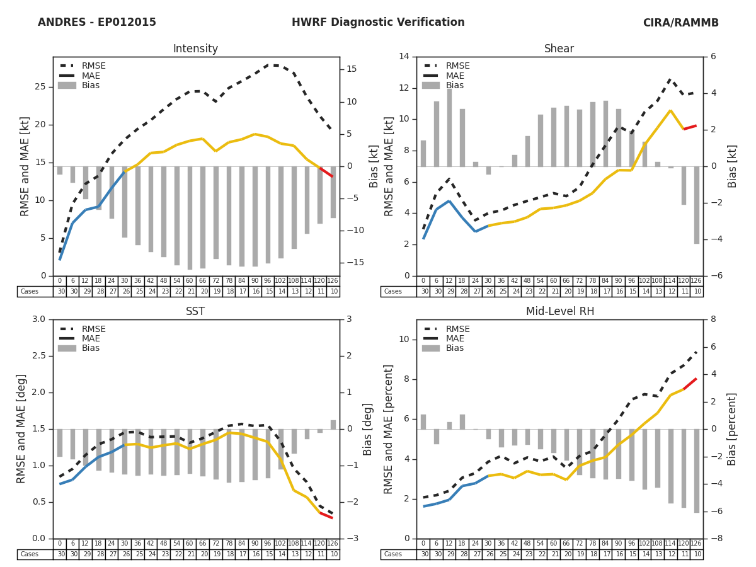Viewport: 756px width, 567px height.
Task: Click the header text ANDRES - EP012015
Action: (96, 23)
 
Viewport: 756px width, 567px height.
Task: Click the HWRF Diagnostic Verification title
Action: (378, 23)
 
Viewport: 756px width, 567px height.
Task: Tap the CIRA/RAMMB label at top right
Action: (680, 23)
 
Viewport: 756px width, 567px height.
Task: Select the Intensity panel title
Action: (195, 49)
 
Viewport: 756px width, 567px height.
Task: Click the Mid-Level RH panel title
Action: (559, 312)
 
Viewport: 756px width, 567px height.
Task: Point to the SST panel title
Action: (195, 312)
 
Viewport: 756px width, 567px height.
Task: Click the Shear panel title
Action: (559, 49)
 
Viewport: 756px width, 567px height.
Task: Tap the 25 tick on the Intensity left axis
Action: (40, 87)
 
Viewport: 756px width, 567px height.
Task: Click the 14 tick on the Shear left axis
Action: (404, 57)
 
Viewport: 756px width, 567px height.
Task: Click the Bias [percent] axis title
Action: (732, 429)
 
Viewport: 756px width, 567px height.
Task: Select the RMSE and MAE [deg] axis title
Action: (21, 429)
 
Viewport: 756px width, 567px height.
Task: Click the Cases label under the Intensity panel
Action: (30, 292)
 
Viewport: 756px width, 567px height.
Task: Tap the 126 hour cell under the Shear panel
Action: (696, 281)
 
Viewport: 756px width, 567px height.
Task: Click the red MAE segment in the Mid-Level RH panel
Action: (690, 384)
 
